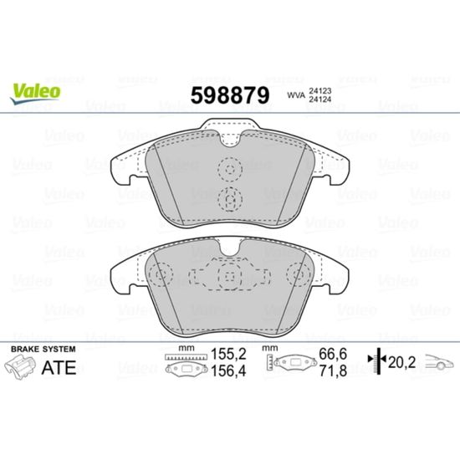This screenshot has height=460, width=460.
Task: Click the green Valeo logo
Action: pos(35,93)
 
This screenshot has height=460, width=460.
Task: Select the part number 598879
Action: pos(230,95)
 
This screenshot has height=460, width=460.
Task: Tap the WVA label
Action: pos(296,95)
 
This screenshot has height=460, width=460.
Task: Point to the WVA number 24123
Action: pos(319,91)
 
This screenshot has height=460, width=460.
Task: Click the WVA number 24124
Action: pos(319,100)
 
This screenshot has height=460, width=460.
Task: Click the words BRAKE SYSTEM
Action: pos(43,349)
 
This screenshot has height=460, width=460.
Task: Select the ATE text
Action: pos(59,368)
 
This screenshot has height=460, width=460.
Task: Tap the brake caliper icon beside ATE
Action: pos(20,366)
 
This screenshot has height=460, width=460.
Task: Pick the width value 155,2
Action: pos(228,354)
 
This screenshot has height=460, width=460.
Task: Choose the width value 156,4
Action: pos(228,371)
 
